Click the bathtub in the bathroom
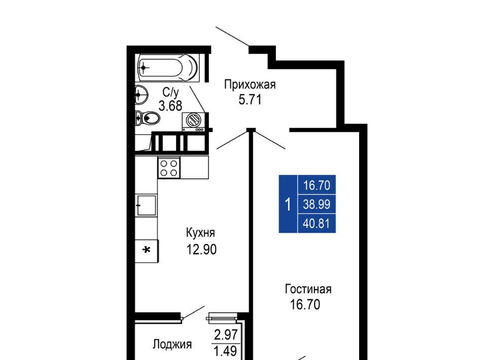click(x=168, y=68)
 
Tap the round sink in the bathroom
click(x=142, y=94)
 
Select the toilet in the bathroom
click(x=148, y=118)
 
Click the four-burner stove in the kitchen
click(x=169, y=168)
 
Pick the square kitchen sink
click(x=146, y=205)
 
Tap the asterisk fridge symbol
click(x=147, y=250)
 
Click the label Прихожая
click(x=250, y=85)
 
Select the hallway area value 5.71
click(x=250, y=100)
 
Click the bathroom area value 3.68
click(x=170, y=106)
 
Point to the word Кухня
click(x=200, y=233)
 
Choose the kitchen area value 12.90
click(x=201, y=249)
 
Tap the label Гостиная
click(x=308, y=289)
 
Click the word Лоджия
click(x=172, y=344)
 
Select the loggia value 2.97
click(x=226, y=335)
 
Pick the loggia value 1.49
click(x=226, y=351)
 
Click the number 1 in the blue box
click(x=288, y=204)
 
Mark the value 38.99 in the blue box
click(x=317, y=204)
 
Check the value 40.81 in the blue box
click(x=316, y=224)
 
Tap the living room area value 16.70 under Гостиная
click(x=305, y=304)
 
